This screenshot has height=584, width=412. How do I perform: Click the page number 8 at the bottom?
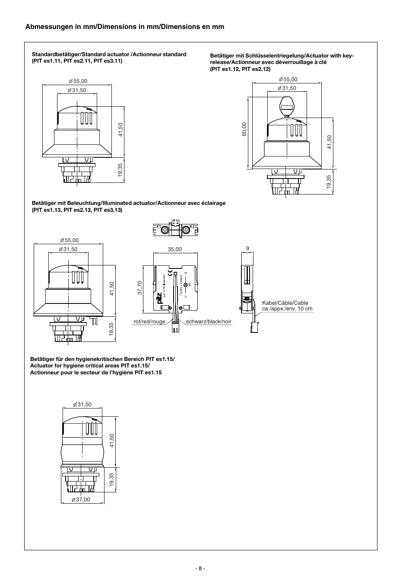click(x=200, y=568)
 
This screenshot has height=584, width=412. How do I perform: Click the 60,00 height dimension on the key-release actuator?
click(x=244, y=129)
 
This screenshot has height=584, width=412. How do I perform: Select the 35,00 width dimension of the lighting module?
click(x=175, y=249)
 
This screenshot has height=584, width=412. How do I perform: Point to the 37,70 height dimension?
click(x=140, y=288)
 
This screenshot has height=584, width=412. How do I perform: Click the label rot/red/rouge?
click(x=149, y=322)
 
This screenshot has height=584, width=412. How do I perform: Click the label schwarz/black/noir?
click(x=209, y=322)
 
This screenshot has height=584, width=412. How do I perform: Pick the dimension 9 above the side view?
click(x=247, y=249)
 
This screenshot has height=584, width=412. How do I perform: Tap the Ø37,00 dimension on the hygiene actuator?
click(x=81, y=500)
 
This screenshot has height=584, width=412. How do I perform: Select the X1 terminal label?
click(x=158, y=227)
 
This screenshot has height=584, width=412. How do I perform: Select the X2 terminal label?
click(x=192, y=227)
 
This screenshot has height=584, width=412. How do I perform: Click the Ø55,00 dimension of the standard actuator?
click(x=78, y=81)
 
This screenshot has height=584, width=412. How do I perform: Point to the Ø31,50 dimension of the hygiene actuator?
click(x=82, y=405)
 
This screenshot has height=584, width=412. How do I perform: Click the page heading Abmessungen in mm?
click(x=125, y=27)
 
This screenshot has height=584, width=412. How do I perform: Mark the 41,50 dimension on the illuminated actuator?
click(x=111, y=288)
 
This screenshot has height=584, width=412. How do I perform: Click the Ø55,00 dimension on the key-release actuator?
click(x=288, y=80)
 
